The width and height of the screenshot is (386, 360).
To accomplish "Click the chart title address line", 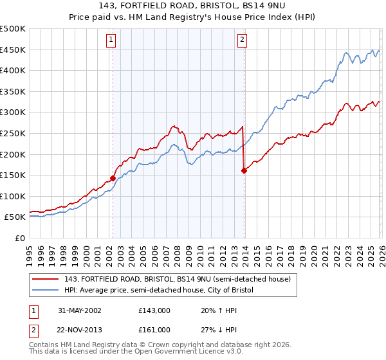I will [193, 6].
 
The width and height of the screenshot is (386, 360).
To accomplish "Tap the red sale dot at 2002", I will [113, 178].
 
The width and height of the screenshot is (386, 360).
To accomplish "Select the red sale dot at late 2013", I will [244, 170].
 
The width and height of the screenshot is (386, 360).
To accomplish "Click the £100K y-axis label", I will [13, 196].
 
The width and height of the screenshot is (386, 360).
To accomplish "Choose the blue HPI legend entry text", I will [159, 290].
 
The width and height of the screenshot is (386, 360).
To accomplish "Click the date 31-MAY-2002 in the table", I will [78, 310].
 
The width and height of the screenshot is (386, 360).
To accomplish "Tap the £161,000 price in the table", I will [154, 330].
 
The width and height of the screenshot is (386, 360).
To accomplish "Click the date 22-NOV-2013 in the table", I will [78, 330].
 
